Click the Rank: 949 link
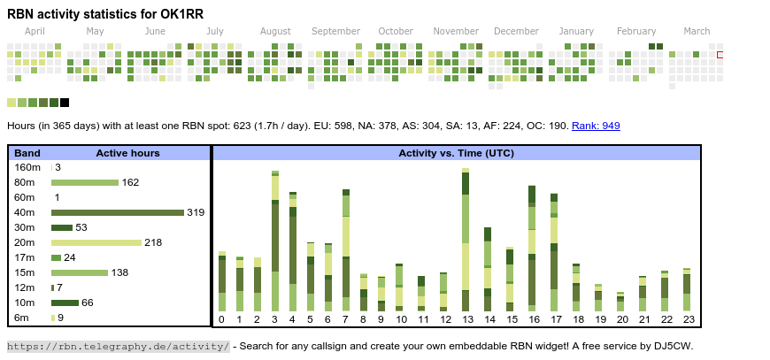[x=596, y=126]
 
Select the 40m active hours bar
[x=117, y=212]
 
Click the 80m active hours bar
[x=85, y=182]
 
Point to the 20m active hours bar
[x=96, y=242]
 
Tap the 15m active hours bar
[x=80, y=272]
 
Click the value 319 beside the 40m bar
[x=196, y=212]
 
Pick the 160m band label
[x=27, y=167]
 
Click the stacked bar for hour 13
[x=466, y=241]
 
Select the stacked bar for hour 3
[x=275, y=241]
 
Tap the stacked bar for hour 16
[x=532, y=248]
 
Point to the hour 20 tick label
[x=622, y=319]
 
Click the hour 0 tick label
[x=221, y=319]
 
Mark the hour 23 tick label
[x=687, y=319]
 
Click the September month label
[x=335, y=31]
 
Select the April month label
[x=35, y=31]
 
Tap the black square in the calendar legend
[x=65, y=103]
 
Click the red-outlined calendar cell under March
[x=720, y=55]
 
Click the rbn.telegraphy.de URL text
[x=118, y=346]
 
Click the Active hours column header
[x=127, y=153]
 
